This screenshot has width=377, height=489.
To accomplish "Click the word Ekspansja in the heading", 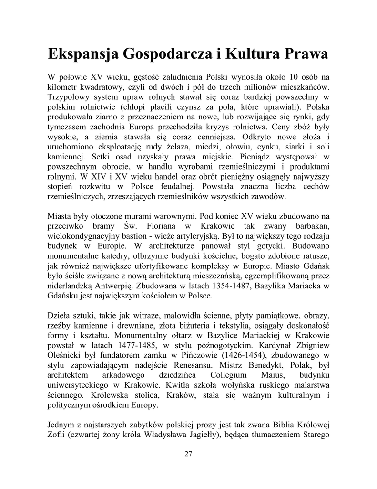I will click(83, 54).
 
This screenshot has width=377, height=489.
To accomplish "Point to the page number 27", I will click(188, 454).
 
